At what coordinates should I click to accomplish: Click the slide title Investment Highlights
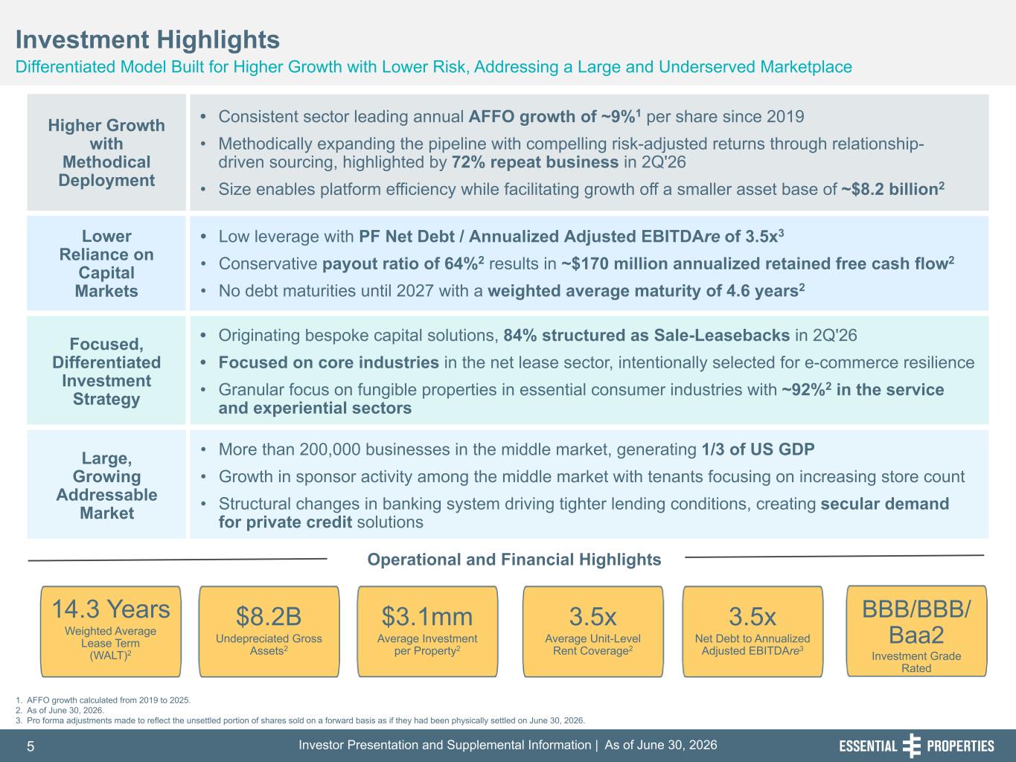147,39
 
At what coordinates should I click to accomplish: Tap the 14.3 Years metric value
111,609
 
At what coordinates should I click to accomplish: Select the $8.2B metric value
269,616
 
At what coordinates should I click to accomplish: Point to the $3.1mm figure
426,616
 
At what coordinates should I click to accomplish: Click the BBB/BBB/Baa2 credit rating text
916,622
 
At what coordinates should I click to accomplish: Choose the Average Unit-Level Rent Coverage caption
592,644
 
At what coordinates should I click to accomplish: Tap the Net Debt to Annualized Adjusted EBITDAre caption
753,644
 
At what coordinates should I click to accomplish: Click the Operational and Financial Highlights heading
514,560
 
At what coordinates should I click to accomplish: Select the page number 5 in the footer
31,746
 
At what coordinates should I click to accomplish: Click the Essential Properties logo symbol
912,746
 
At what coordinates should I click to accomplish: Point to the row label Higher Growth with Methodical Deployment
106,153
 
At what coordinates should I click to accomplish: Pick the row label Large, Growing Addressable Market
106,485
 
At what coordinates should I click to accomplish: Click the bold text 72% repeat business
534,162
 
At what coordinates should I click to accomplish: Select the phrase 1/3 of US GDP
758,449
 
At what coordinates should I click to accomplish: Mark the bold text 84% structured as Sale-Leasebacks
647,335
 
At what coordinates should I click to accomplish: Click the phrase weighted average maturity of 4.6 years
646,290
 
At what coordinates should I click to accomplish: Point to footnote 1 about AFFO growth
103,700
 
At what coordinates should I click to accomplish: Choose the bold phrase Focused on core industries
329,362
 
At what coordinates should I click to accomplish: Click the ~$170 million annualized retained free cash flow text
758,263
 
